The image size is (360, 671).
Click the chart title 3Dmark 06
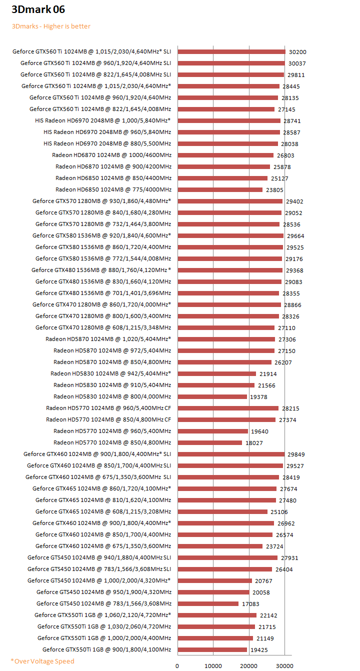coord(38,9)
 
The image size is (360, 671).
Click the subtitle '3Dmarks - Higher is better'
coord(51,26)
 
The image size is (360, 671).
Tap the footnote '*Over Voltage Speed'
coord(42,661)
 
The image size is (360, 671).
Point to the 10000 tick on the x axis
coord(213,665)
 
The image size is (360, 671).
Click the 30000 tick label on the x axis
coord(285,665)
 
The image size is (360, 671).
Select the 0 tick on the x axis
coord(177,665)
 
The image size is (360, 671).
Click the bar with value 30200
coord(231,51)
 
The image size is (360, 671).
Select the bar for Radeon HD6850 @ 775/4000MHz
coord(220,189)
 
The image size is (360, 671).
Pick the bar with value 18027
coord(209,442)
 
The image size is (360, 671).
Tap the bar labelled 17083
coord(208,603)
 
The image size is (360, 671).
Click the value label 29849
coord(296,454)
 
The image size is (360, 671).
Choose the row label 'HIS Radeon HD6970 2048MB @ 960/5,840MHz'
coord(107,132)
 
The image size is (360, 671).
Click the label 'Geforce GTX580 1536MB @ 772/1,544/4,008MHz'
coord(103,258)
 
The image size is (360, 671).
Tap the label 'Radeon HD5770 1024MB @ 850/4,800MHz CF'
coord(108,419)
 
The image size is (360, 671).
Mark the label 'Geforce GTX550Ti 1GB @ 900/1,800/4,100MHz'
coord(107,649)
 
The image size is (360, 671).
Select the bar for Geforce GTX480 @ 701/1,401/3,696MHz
coord(228,293)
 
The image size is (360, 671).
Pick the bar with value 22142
coord(217,615)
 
